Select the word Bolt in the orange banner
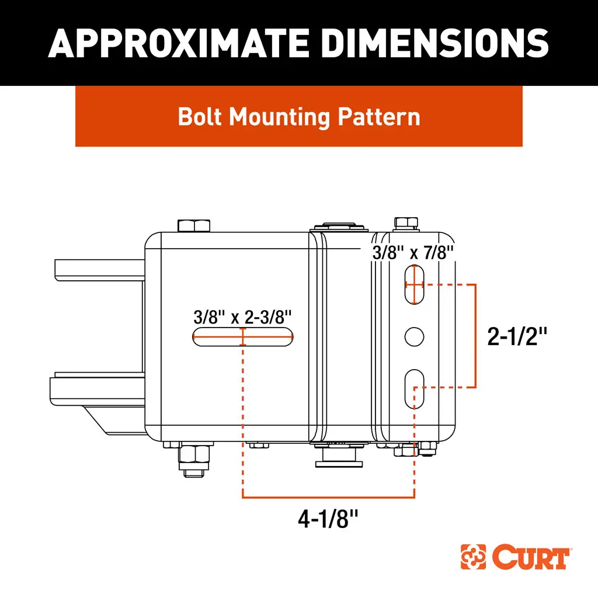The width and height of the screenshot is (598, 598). coord(200,117)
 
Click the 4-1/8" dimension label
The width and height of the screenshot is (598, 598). coord(328,519)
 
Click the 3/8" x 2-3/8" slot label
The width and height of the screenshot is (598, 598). coord(242,318)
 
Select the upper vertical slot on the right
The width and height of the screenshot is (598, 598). coord(414,284)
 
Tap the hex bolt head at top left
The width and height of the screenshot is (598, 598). coord(192,225)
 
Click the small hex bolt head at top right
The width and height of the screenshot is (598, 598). coord(406,222)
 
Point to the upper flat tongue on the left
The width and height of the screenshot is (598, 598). coord(100,268)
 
